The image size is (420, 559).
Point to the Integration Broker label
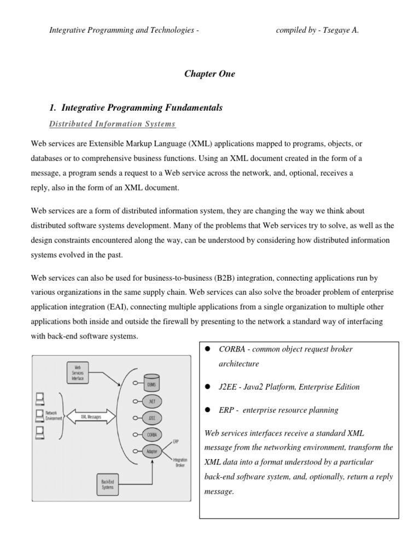tap(180, 462)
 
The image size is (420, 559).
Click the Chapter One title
tap(210, 74)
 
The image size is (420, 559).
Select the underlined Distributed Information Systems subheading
tap(112, 124)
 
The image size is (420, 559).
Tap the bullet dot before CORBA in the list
tap(208, 349)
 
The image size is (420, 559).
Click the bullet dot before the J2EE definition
tap(208, 387)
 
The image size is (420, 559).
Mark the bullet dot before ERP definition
tap(208, 410)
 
